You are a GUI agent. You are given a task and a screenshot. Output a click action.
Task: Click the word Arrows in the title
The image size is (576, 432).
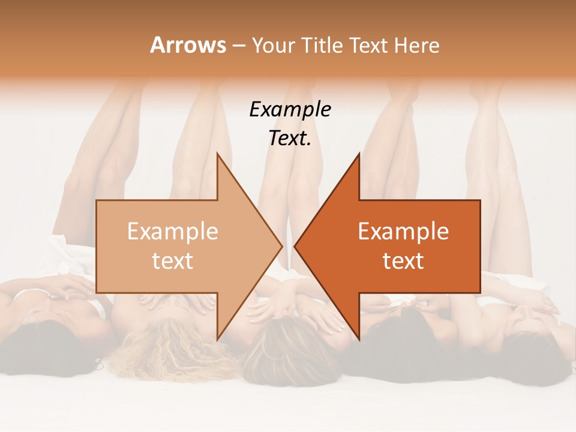tap(188, 45)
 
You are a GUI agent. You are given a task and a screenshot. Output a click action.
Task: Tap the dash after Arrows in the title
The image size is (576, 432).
tap(238, 46)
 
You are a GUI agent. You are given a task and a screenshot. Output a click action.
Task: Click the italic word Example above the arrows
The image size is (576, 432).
tap(290, 110)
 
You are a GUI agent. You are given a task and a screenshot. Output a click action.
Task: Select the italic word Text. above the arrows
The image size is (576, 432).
tap(290, 139)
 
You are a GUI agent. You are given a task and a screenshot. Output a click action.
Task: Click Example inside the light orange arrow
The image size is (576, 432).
tap(172, 232)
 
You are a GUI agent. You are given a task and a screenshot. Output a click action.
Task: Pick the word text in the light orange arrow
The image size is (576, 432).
tap(172, 261)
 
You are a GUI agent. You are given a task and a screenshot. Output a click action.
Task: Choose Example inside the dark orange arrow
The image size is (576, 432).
tap(403, 232)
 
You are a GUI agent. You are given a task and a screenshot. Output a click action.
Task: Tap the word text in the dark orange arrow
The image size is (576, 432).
tap(403, 261)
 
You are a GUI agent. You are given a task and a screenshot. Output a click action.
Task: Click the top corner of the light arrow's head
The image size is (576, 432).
tap(217, 154)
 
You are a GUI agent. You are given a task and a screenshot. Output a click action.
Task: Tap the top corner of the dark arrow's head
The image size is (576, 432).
tap(359, 154)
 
